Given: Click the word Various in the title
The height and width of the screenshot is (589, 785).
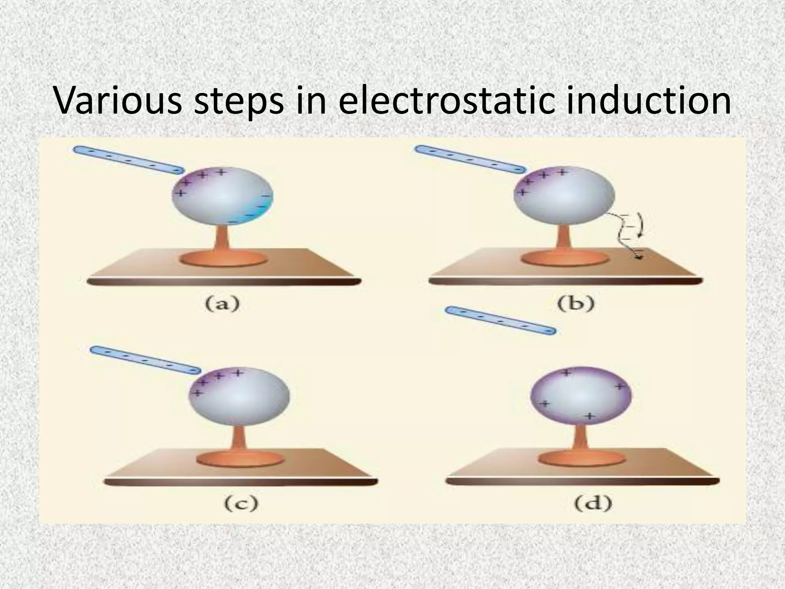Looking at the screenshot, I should click(118, 100).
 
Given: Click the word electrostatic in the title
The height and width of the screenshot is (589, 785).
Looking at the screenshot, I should click(446, 100).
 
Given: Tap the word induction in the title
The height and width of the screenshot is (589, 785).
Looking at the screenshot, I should click(649, 100).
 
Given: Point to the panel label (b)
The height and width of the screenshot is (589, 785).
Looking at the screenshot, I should click(576, 304).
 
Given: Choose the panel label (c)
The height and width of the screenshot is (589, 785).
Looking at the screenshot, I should click(241, 503).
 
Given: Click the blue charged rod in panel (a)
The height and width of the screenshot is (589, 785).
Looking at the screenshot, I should click(128, 160).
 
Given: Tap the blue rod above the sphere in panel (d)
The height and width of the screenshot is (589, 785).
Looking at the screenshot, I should click(501, 321).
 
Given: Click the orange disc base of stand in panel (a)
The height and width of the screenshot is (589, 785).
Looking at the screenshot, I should click(223, 258).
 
